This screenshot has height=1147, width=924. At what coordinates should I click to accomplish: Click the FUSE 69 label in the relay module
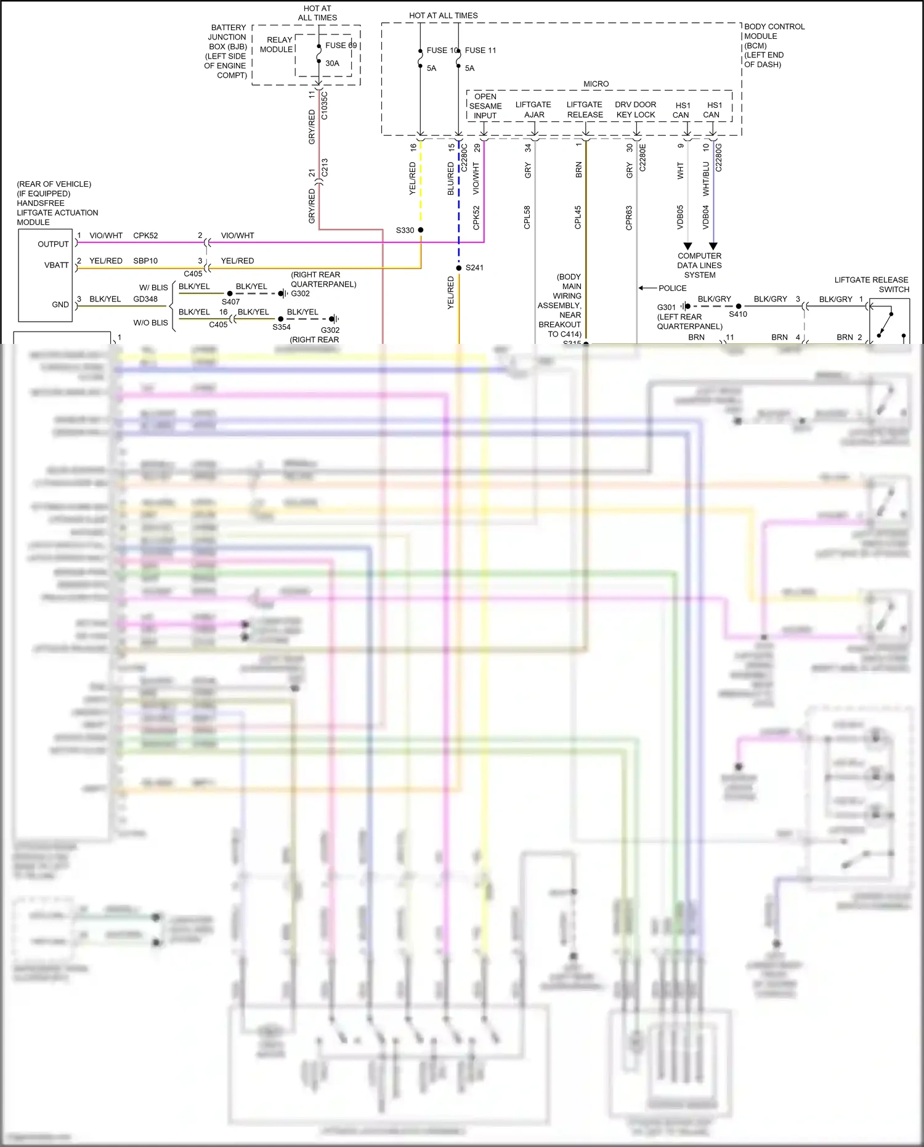pyautogui.click(x=341, y=46)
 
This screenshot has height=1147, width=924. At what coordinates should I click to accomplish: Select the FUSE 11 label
pyautogui.click(x=480, y=51)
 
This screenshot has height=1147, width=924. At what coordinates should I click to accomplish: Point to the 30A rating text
pyautogui.click(x=333, y=63)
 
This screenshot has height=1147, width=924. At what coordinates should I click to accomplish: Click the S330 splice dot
pyautogui.click(x=421, y=230)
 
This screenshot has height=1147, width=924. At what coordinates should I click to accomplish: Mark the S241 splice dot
pyautogui.click(x=459, y=268)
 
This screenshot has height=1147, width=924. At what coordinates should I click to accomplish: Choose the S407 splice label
pyautogui.click(x=230, y=302)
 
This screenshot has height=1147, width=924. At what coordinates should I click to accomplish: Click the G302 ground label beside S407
pyautogui.click(x=301, y=294)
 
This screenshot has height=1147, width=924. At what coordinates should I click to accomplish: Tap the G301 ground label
pyautogui.click(x=667, y=308)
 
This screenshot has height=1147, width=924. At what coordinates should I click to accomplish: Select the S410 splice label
pyautogui.click(x=738, y=314)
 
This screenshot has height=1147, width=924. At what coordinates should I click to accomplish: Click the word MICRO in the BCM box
pyautogui.click(x=596, y=84)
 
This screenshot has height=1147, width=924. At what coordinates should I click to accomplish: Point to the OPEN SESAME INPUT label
pyautogui.click(x=485, y=106)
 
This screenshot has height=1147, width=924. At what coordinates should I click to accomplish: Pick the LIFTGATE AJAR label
pyautogui.click(x=533, y=110)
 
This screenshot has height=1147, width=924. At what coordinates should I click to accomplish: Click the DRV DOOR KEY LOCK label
pyautogui.click(x=636, y=110)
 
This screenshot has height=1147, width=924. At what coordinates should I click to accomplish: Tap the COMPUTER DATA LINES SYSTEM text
pyautogui.click(x=700, y=266)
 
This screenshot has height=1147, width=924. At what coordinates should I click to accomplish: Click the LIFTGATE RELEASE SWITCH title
pyautogui.click(x=871, y=285)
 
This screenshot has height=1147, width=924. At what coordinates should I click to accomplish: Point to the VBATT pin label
pyautogui.click(x=57, y=266)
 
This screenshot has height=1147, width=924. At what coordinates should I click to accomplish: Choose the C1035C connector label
pyautogui.click(x=325, y=105)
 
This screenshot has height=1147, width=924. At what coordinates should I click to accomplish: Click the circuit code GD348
pyautogui.click(x=145, y=300)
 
